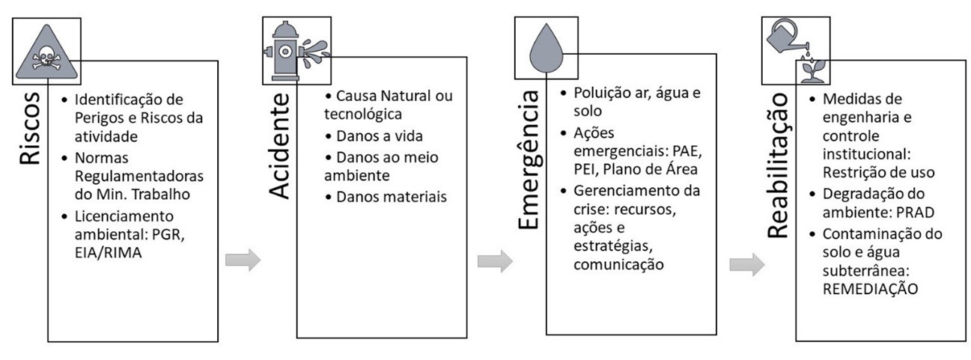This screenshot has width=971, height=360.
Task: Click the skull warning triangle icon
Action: (46, 51)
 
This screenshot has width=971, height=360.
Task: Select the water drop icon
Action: (546, 48)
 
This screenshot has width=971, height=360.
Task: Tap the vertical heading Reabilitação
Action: (779, 166)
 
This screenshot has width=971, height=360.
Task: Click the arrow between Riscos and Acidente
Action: (243, 260)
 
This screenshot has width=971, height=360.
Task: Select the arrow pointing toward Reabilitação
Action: (746, 264)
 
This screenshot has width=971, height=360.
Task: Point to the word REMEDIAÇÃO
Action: (869, 288)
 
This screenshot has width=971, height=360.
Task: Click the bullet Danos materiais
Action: (386, 197)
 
